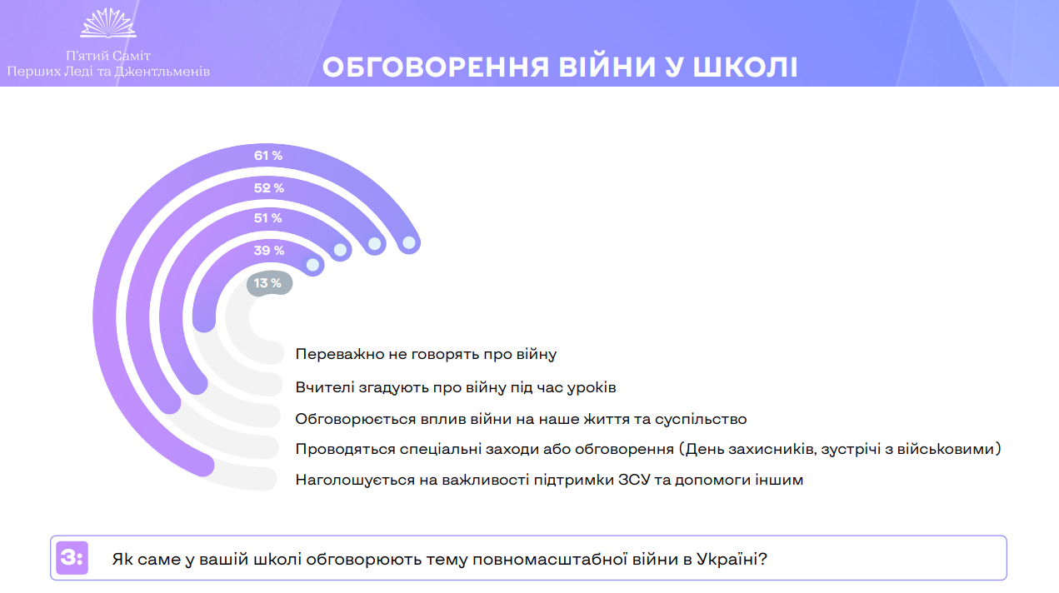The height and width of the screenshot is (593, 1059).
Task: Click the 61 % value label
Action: pos(268,156)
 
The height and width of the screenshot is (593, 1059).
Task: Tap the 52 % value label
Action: pos(268,188)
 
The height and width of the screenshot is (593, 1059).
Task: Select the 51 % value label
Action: pos(267,218)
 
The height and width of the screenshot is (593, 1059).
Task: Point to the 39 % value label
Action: pos(268,251)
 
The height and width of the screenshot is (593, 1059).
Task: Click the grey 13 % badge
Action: pos(269,283)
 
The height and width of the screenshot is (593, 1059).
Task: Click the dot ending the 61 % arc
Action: pos(409,243)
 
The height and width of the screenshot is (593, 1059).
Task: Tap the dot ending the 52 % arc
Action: pos(374,244)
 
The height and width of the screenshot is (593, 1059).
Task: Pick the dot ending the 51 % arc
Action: pos(340,250)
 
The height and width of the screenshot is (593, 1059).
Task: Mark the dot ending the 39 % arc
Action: pos(312,265)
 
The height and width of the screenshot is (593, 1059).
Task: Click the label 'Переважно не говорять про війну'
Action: pos(426,354)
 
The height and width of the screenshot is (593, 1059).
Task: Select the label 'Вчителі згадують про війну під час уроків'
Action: pos(456,387)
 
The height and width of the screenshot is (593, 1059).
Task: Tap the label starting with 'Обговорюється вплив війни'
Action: pos(521,419)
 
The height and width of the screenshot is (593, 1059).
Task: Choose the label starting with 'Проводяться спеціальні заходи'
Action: pos(648,449)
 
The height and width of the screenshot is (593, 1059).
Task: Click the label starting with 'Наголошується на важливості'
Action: pos(549,480)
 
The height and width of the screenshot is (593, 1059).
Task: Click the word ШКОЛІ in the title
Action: pos(746,67)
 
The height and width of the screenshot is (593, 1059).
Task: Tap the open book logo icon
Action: pos(108,22)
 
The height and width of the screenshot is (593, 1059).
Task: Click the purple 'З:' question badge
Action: pos(72,557)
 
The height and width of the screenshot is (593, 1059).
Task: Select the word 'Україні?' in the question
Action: pos(732,559)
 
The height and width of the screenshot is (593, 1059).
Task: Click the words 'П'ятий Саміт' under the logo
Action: pos(108,57)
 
